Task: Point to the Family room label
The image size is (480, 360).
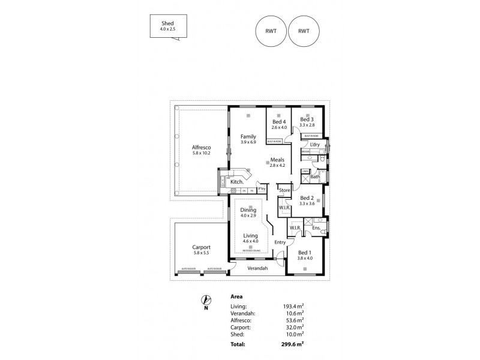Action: click(x=249, y=136)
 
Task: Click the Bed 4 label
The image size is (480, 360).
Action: click(x=279, y=122)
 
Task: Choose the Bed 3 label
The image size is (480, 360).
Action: click(x=308, y=120)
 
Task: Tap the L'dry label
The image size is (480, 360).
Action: click(x=314, y=145)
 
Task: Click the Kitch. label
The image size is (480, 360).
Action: click(x=237, y=181)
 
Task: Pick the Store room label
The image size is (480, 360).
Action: click(x=284, y=191)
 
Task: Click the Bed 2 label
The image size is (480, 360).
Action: click(x=307, y=198)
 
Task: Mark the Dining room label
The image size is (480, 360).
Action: click(x=248, y=209)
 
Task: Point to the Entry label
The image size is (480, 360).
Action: click(x=280, y=242)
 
